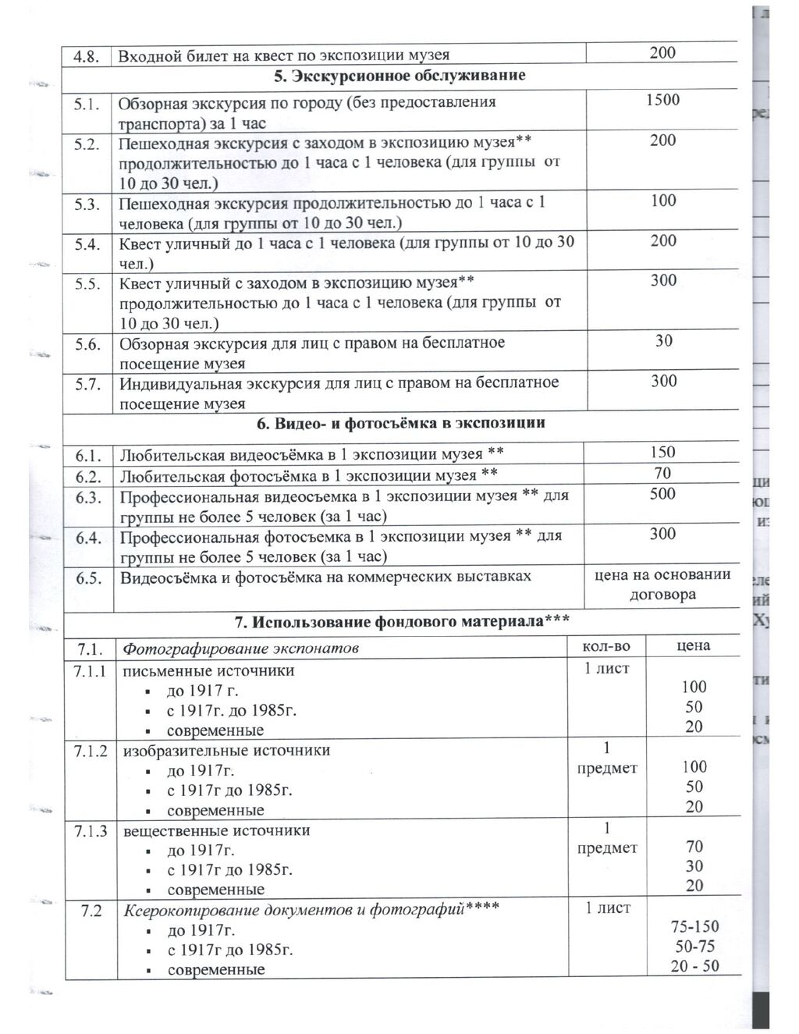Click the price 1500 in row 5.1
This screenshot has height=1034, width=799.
[662, 100]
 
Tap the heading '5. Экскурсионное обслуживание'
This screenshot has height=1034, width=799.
[399, 76]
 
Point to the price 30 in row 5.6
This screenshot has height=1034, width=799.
[663, 341]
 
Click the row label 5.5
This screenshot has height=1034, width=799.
[88, 283]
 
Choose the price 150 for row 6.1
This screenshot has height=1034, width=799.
[662, 453]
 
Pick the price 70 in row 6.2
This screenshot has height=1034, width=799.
[662, 473]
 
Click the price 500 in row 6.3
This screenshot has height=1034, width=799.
[662, 494]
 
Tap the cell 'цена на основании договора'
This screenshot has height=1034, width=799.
[662, 585]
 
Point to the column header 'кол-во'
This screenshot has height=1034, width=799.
[606, 646]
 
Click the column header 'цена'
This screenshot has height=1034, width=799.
[693, 645]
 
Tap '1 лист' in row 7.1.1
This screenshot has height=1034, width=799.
[606, 668]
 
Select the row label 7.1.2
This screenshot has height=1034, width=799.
[91, 751]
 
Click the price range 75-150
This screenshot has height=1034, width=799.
[694, 927]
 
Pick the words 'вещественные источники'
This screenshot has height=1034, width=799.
[216, 830]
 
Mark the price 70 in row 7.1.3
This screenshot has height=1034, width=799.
[694, 847]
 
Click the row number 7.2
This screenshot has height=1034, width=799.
[91, 911]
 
